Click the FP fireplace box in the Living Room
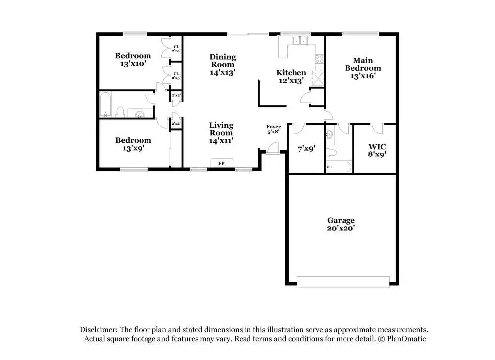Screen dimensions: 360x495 tap(221, 163)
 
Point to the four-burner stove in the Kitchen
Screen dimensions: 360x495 tap(319, 59)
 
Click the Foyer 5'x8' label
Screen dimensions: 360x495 tap(273, 130)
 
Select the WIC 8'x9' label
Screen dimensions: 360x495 tap(377, 150)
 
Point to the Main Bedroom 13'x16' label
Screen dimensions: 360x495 tap(363, 68)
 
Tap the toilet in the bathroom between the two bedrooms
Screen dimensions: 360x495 tap(120, 112)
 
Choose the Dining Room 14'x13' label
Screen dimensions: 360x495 tap(222, 64)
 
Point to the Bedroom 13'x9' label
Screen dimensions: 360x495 tap(133, 144)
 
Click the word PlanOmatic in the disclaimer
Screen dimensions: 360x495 tap(406, 339)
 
